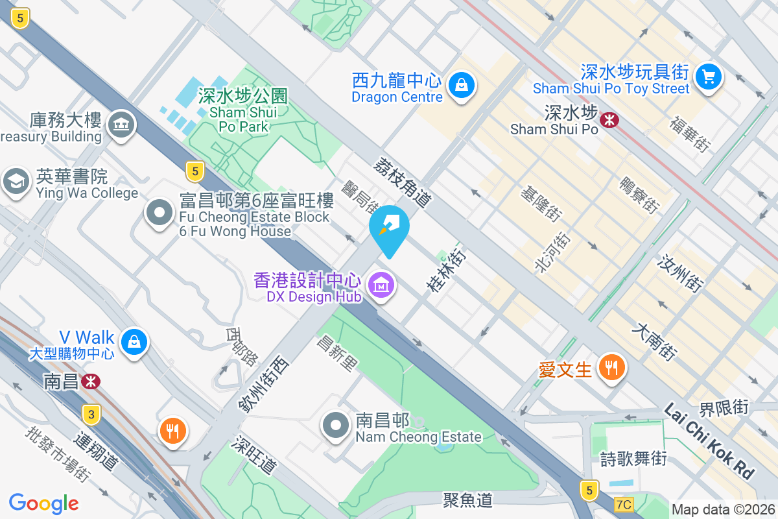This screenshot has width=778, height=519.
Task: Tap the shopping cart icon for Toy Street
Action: pos(709,77)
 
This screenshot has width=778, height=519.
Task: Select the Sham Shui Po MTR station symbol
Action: pos(609,119)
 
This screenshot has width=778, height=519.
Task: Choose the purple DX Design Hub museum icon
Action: pos(381,284)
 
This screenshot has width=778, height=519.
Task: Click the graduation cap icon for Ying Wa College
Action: pos(16,182)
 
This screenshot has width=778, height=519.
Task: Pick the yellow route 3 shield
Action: pos(93,414)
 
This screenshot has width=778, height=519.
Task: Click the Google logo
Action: pos(43,503)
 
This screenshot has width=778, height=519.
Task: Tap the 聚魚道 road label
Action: pos(468,500)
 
